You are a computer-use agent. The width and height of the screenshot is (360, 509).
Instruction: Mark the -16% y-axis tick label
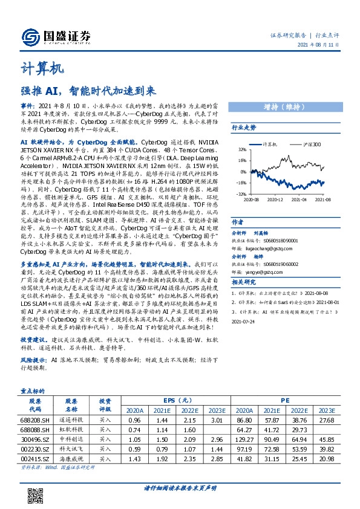coord(241,183)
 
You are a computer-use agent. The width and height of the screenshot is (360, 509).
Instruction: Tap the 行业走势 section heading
coord(244,128)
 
